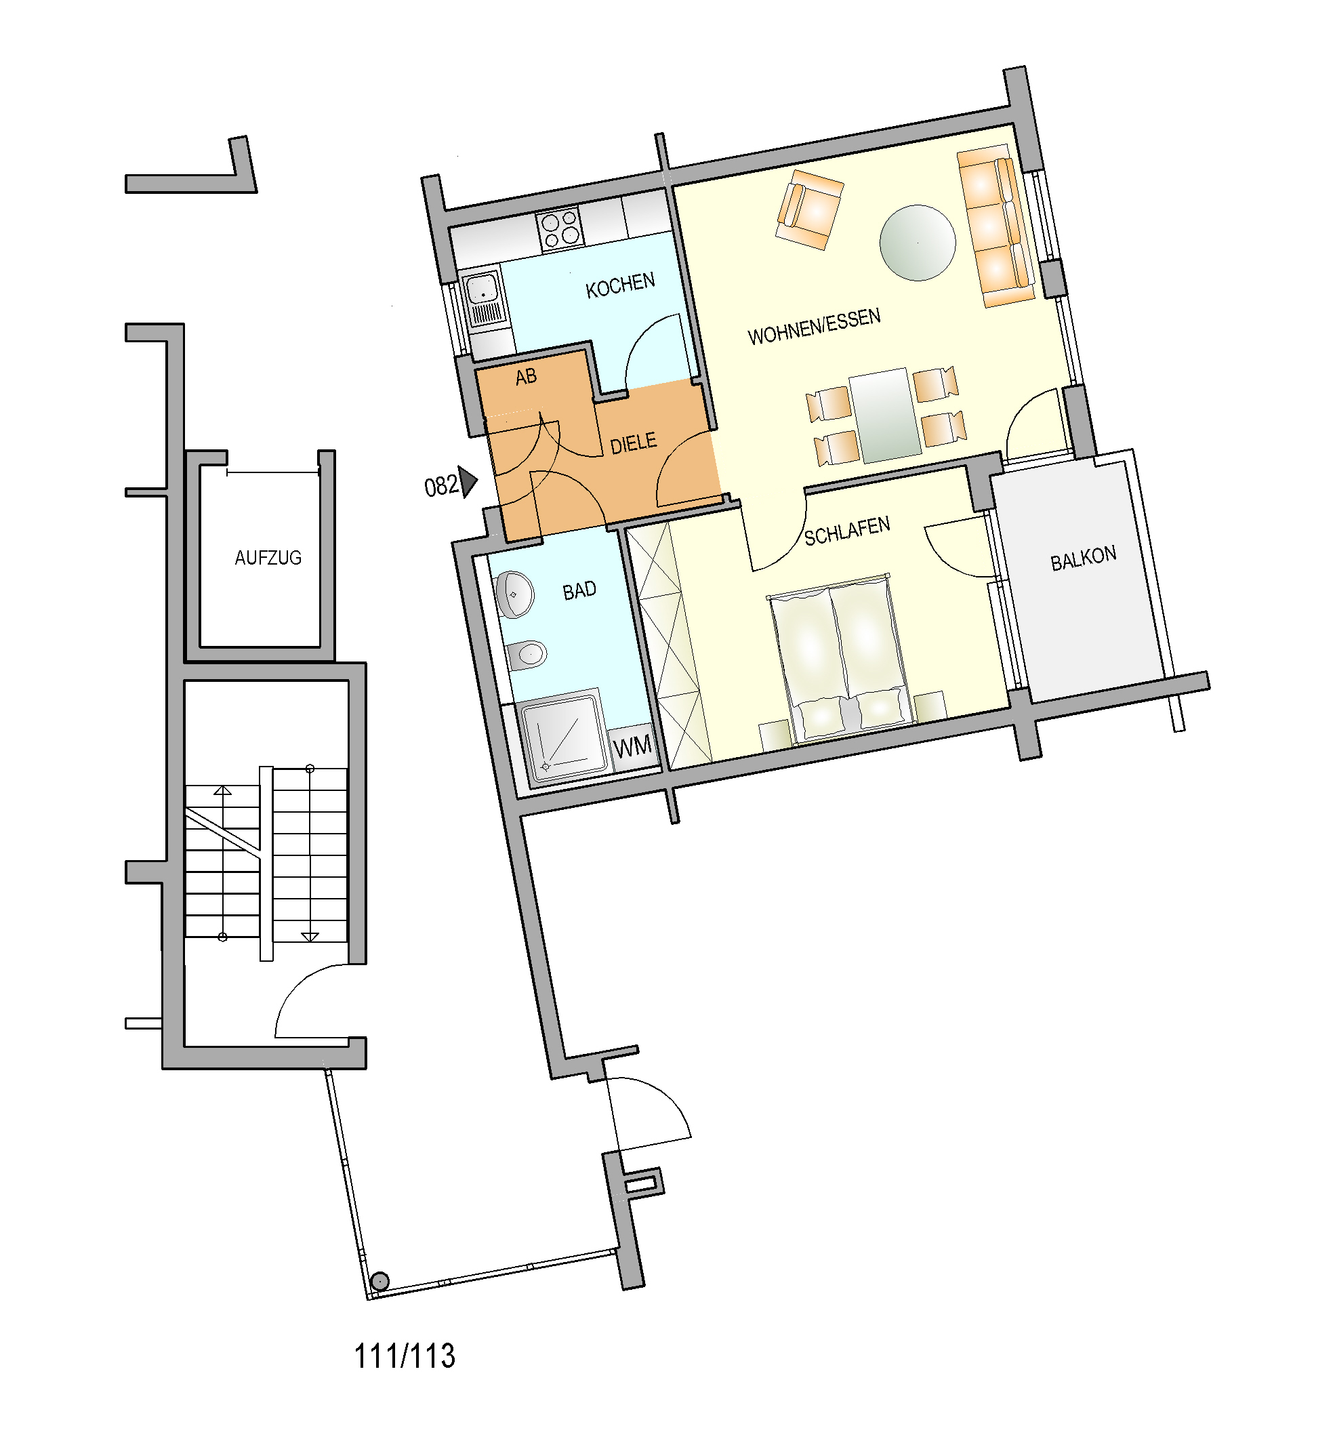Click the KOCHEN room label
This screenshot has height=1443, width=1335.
pyautogui.click(x=620, y=285)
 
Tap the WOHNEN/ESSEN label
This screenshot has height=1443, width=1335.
pyautogui.click(x=814, y=327)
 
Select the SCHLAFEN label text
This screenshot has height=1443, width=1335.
pyautogui.click(x=846, y=532)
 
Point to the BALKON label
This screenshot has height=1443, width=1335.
pyautogui.click(x=1083, y=558)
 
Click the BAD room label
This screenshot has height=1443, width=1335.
pyautogui.click(x=579, y=591)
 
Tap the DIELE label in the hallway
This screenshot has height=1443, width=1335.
pyautogui.click(x=634, y=444)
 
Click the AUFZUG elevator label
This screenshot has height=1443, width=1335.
pyautogui.click(x=268, y=558)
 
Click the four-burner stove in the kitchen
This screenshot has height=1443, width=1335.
pyautogui.click(x=559, y=228)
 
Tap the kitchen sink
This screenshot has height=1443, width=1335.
pyautogui.click(x=483, y=298)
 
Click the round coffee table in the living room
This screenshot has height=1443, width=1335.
pyautogui.click(x=918, y=243)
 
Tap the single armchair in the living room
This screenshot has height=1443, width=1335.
pyautogui.click(x=809, y=209)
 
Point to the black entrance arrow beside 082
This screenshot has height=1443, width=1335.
pyautogui.click(x=468, y=482)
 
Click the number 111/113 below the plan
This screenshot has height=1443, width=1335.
pyautogui.click(x=405, y=1356)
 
